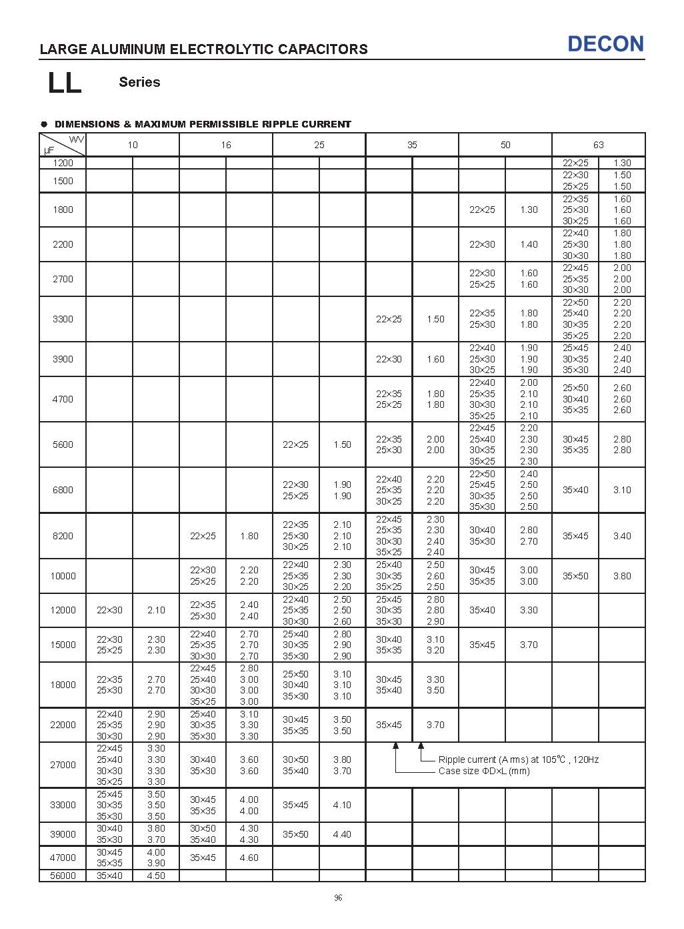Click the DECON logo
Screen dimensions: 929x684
coord(605,44)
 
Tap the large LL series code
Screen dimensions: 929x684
coord(65,83)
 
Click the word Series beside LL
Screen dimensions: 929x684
coord(139,82)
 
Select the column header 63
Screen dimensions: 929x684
coord(598,145)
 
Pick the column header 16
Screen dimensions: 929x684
coord(226,145)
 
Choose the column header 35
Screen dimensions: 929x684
coord(412,145)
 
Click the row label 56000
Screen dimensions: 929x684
coord(63,876)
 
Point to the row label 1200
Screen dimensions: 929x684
coord(63,163)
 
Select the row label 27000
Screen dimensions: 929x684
coord(63,765)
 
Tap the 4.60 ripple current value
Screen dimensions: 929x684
coord(249,858)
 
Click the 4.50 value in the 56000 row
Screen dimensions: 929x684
coord(155,876)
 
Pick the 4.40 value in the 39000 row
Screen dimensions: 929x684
coord(342,834)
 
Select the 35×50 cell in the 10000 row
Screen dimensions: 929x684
coord(575,576)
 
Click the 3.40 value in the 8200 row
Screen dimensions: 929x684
coord(622,536)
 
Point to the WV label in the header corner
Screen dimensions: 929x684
coord(76,139)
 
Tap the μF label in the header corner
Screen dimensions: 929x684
coord(49,151)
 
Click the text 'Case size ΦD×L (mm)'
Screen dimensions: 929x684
coord(484,771)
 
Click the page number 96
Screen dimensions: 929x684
coord(338,898)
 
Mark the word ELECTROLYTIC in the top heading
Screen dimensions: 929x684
coord(219,49)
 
